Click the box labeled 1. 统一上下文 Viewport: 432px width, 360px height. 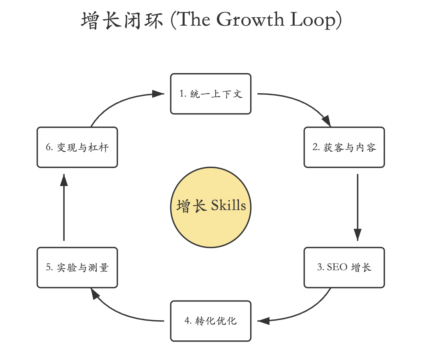[x=211, y=94]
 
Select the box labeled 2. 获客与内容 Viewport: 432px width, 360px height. [x=344, y=147]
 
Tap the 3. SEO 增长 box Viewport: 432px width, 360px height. [x=344, y=267]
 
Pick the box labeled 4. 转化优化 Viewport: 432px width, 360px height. [x=211, y=321]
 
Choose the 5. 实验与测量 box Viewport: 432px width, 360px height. [x=77, y=267]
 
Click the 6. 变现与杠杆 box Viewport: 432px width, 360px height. [x=77, y=147]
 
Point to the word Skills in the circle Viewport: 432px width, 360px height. [x=228, y=205]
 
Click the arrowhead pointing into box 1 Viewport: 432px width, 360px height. [x=159, y=94]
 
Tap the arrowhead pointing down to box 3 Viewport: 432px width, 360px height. [x=357, y=234]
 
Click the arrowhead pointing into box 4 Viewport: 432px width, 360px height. [x=263, y=321]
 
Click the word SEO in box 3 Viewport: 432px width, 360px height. [x=337, y=267]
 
